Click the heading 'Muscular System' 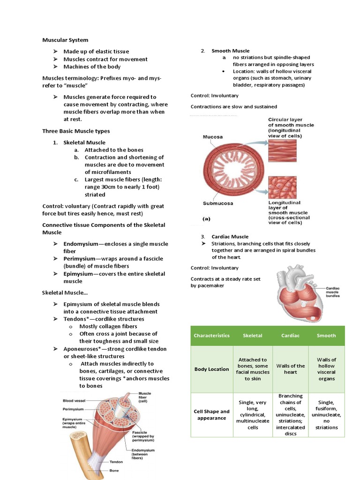pyautogui.click(x=65, y=40)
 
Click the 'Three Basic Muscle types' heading pyautogui.click(x=76, y=131)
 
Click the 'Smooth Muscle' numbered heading pyautogui.click(x=230, y=51)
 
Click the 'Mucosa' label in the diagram pyautogui.click(x=212, y=137)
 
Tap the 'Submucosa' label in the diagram pyautogui.click(x=218, y=203)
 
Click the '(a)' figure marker pyautogui.click(x=206, y=218)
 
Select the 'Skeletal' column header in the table pyautogui.click(x=253, y=336)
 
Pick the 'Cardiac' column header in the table pyautogui.click(x=290, y=336)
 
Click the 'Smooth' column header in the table pyautogui.click(x=326, y=336)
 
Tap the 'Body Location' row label pyautogui.click(x=212, y=369)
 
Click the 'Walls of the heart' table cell pyautogui.click(x=290, y=369)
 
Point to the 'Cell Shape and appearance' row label pyautogui.click(x=212, y=415)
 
